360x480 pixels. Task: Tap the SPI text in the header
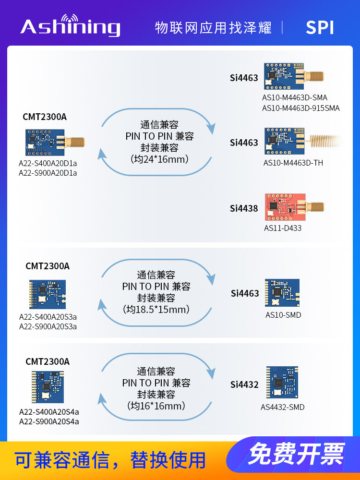(320, 27)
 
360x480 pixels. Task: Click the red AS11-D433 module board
(284, 207)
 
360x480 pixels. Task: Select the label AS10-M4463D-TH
(293, 163)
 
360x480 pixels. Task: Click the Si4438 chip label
(244, 208)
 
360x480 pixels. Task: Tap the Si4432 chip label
(244, 384)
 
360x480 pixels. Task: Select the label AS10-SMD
(283, 315)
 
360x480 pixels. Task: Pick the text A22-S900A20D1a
(48, 173)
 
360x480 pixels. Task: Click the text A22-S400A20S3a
(48, 317)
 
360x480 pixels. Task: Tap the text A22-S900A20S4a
(49, 421)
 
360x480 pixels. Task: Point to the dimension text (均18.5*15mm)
(156, 310)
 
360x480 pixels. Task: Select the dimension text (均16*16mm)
(156, 406)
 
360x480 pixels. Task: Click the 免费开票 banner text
(296, 454)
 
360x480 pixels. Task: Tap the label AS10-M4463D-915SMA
(300, 108)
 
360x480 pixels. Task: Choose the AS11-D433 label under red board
(283, 228)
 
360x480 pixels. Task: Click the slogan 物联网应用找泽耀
(213, 27)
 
